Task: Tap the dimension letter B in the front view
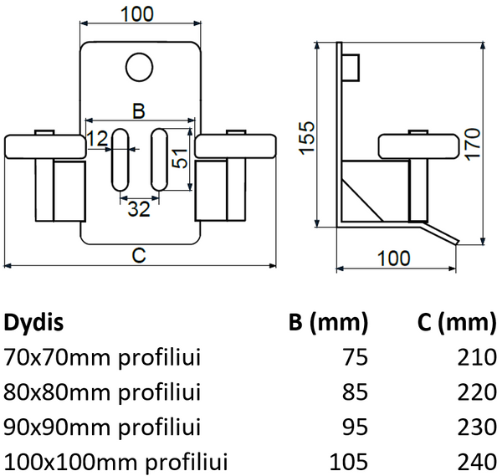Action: (140, 110)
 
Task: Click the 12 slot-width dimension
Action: (97, 137)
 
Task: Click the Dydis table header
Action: (34, 323)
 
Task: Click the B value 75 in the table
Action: (354, 358)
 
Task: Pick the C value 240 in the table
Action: (478, 461)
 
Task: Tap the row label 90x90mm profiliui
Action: (103, 427)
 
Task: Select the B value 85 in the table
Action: (354, 392)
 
